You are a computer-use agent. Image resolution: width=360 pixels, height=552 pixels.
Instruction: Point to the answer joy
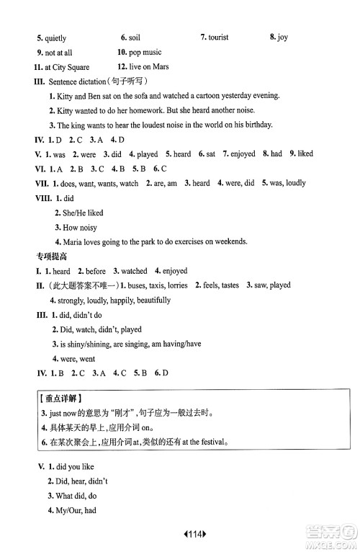coord(283,38)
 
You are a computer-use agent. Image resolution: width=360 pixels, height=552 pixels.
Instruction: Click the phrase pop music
coord(146,53)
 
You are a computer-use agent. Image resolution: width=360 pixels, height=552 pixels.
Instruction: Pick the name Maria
coord(75,241)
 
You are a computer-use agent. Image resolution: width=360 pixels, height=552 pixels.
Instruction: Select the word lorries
coord(174,285)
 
